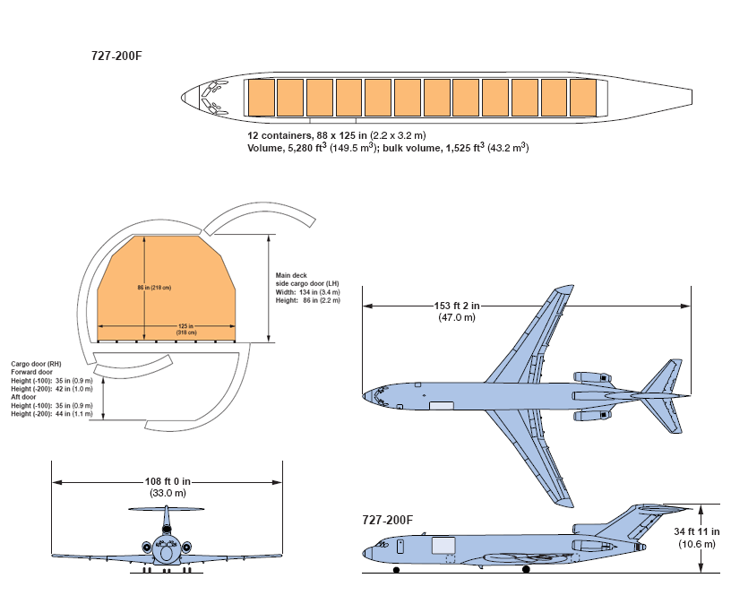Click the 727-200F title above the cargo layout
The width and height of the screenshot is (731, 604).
point(116,56)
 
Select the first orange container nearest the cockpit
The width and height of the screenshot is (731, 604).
point(261,97)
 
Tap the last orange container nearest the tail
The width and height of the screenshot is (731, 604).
point(583,97)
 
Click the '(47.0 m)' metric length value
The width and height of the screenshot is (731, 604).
point(457,317)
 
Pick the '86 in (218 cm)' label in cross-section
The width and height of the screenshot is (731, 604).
point(153,288)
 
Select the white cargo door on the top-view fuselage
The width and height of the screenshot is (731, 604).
point(442,406)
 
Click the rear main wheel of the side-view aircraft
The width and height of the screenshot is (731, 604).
point(526,569)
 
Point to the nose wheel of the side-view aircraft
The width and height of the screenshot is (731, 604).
point(395,569)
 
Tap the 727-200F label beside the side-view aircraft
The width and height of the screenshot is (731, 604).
point(388,520)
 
